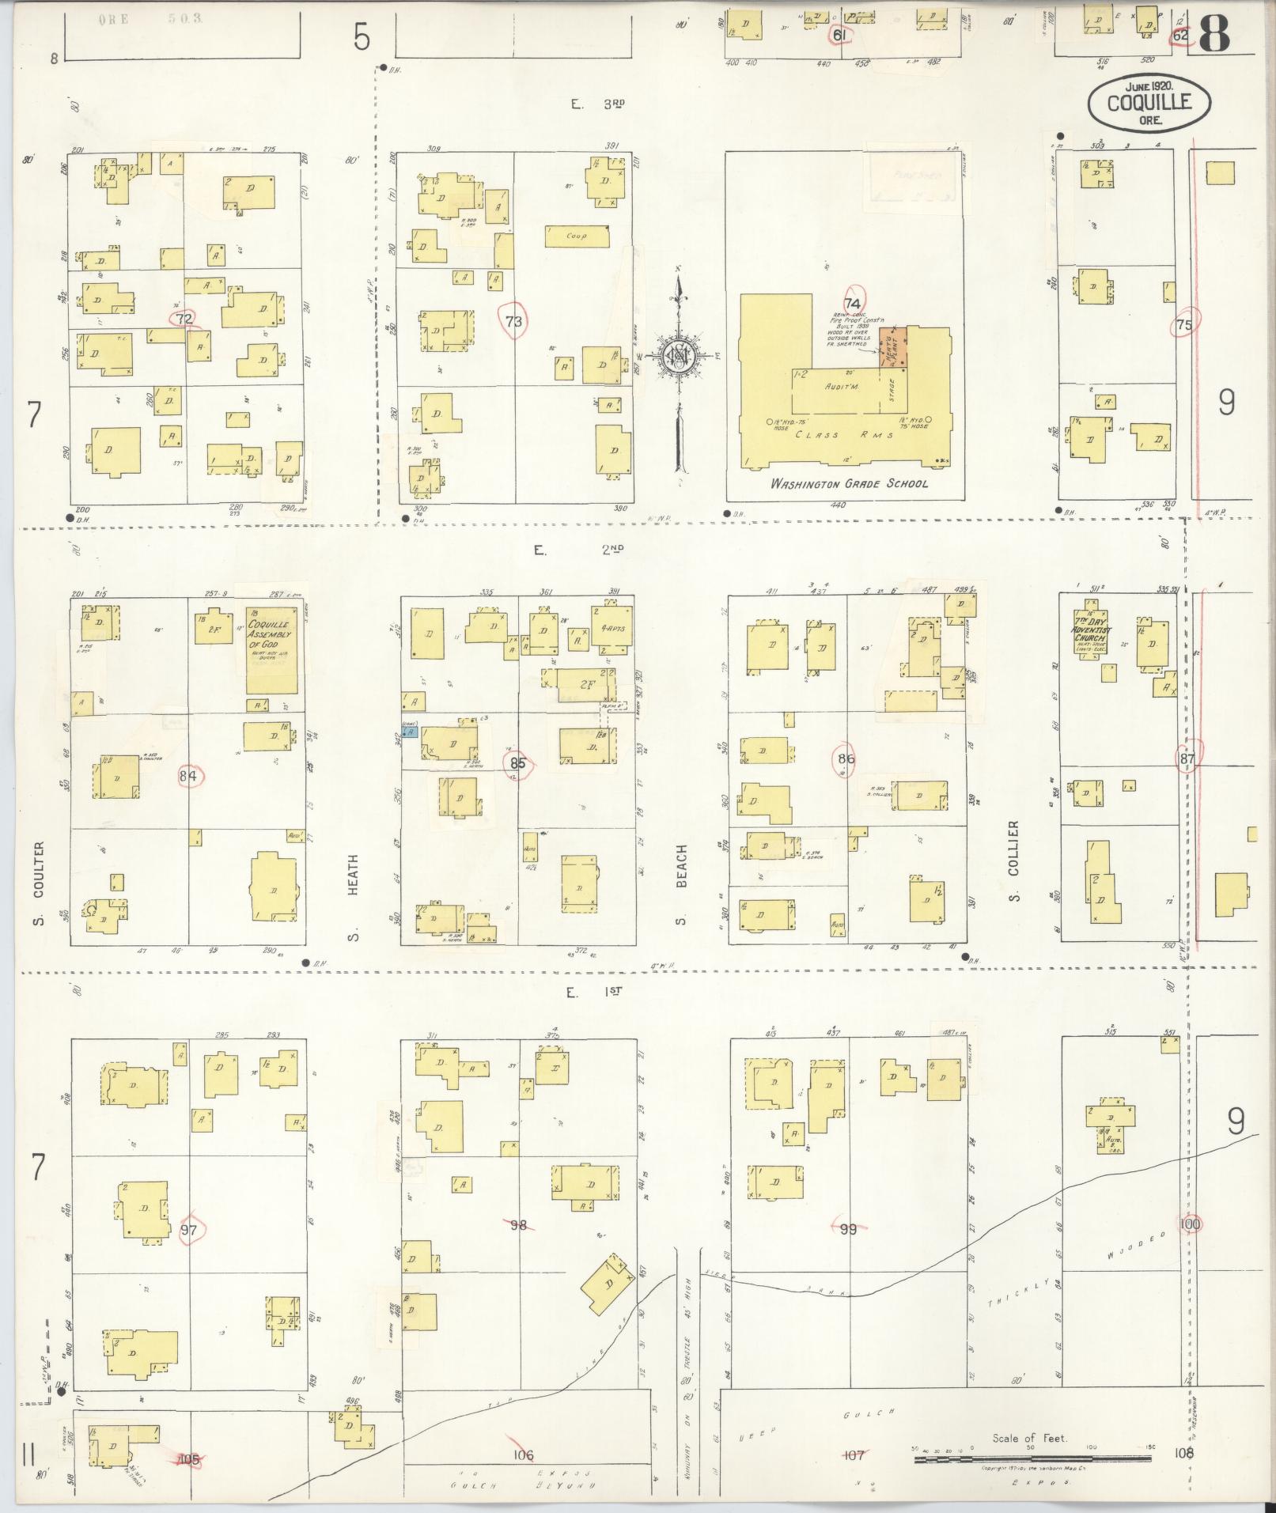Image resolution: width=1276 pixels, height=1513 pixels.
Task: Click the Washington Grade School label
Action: tap(849, 483)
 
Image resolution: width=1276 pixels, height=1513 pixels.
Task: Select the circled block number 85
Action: tap(518, 764)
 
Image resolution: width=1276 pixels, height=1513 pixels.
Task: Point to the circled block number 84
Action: tap(187, 776)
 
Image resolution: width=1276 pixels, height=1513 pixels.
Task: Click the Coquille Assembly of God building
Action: tap(272, 649)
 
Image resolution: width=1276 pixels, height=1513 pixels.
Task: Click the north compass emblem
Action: tap(678, 356)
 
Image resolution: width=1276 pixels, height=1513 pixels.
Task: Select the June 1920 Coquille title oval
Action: tap(1149, 102)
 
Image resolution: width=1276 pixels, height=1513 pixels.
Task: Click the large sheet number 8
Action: tap(1214, 34)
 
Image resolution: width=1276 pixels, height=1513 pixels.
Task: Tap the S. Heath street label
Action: tap(354, 898)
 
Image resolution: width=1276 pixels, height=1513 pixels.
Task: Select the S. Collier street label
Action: tap(1015, 861)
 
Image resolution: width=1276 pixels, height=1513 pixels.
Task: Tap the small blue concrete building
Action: tap(409, 733)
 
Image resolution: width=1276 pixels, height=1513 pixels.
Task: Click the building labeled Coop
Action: tap(577, 236)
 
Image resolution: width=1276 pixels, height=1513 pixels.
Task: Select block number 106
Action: tap(523, 1454)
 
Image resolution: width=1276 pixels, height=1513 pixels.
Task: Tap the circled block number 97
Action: tap(188, 1230)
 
